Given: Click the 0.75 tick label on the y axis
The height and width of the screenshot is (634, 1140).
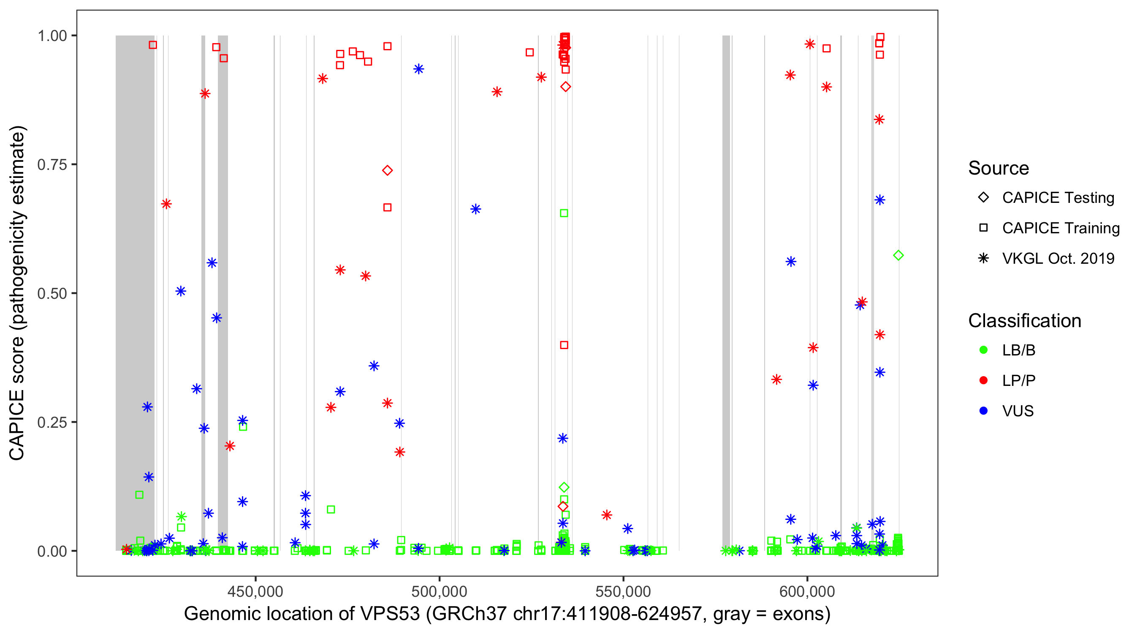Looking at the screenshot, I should [52, 165].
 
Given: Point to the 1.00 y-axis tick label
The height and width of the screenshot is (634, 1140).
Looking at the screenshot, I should [52, 36].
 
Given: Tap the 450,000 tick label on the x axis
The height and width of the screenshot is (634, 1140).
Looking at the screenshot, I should [256, 591].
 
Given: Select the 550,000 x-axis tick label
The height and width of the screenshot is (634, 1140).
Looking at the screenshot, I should [623, 591].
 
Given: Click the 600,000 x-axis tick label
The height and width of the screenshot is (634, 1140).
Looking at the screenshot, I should [807, 591].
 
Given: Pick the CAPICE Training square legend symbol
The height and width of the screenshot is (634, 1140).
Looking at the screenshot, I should [983, 228].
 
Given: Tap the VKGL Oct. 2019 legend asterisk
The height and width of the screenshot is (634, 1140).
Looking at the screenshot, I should [983, 258].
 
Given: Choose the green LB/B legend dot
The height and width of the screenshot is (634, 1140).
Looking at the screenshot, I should [983, 350].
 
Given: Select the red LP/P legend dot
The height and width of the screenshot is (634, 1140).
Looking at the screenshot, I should [983, 380].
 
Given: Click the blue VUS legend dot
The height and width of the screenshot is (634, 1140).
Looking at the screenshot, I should [983, 411].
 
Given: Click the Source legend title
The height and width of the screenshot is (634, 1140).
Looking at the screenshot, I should [999, 168].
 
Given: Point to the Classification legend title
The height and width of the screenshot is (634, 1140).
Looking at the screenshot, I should [1024, 321].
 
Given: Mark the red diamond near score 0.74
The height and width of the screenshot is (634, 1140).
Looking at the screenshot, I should [387, 171].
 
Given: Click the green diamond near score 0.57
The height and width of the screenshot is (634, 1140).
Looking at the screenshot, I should [898, 256].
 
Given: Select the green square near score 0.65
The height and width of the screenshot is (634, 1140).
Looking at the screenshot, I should [564, 213].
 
